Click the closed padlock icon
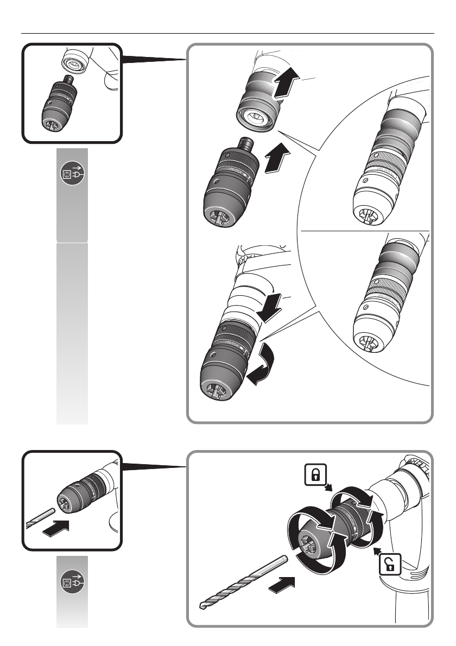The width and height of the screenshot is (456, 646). [315, 476]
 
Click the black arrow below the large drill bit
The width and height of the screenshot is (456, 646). [282, 585]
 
